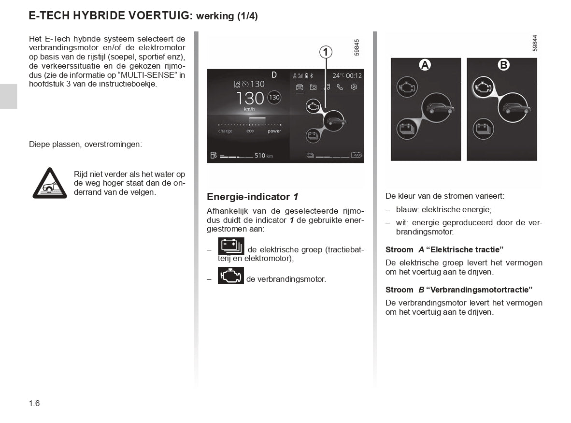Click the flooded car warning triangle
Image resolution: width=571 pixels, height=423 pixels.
click(49, 184)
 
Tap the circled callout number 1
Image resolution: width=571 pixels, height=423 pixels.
click(326, 52)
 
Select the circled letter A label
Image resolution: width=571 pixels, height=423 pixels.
click(425, 65)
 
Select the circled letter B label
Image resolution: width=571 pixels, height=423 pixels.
click(503, 65)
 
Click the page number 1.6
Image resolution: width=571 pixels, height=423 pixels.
click(34, 403)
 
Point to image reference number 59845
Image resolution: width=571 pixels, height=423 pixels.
click(357, 47)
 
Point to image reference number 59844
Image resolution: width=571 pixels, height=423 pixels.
click(535, 43)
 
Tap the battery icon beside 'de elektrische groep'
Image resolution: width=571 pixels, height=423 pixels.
click(231, 246)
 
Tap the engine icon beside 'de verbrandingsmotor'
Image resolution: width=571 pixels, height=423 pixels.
click(231, 276)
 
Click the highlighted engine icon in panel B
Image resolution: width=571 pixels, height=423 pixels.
click(483, 88)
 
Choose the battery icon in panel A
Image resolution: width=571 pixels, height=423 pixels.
click(407, 129)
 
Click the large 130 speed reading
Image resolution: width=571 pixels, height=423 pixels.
click(250, 99)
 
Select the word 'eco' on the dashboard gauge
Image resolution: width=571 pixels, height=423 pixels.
click(250, 131)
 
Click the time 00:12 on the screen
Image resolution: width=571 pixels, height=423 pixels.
click(354, 75)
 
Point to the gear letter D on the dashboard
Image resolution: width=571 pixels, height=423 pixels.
click(274, 74)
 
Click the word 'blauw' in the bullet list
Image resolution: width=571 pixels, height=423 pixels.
click(406, 210)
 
